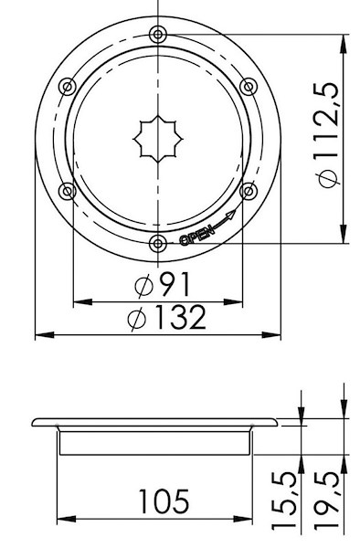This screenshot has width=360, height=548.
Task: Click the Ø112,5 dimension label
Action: pos(329,135)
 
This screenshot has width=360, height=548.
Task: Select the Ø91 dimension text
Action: pos(164,284)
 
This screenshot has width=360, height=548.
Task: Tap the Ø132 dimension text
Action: pos(167,317)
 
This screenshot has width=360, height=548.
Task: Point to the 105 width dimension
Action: pos(164,501)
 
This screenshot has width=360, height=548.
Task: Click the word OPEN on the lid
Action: pos(196,236)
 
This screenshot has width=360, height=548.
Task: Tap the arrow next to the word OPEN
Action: pos(224,219)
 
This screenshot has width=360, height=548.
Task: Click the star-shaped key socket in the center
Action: pos(158,139)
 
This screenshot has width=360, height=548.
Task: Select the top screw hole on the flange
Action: pos(158,35)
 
